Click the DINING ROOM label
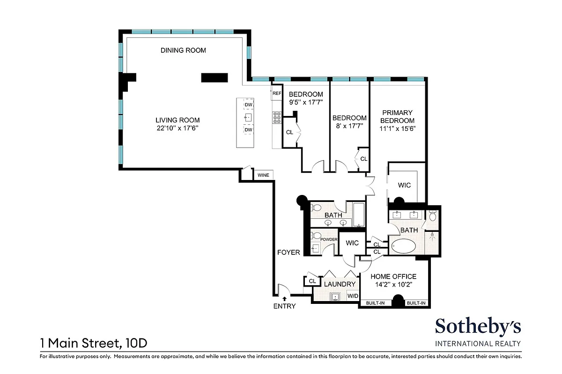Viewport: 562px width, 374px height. coord(183,50)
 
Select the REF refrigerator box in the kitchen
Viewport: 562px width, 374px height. coord(276,93)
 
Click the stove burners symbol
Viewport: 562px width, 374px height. coord(276,117)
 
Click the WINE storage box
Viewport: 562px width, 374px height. coord(262,175)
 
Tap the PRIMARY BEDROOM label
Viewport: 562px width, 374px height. coord(397,116)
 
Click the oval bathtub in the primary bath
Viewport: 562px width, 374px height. coord(404,246)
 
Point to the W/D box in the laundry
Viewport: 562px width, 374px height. coord(352,296)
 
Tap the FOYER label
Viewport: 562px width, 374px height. coord(288,252)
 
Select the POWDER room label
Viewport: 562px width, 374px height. coord(329,239)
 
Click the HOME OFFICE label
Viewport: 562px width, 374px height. coord(393,277)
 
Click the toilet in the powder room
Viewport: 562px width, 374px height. coord(316,235)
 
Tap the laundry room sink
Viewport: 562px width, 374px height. coord(335,296)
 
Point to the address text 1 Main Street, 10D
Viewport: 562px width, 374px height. coord(94,344)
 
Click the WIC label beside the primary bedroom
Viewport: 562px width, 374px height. coord(404,185)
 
